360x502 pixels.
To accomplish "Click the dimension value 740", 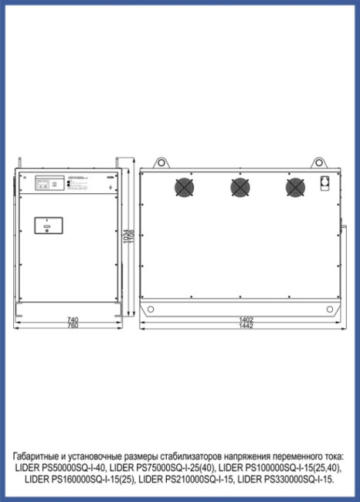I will coord(72,319).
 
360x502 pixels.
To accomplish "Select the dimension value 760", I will coord(72,325).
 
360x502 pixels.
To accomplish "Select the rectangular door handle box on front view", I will coord(49,226).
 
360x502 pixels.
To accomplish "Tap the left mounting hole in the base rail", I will coord(151,310).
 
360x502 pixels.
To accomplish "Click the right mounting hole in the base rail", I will coord(331,310).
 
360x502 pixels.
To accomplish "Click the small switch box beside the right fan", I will coord(324,185).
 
